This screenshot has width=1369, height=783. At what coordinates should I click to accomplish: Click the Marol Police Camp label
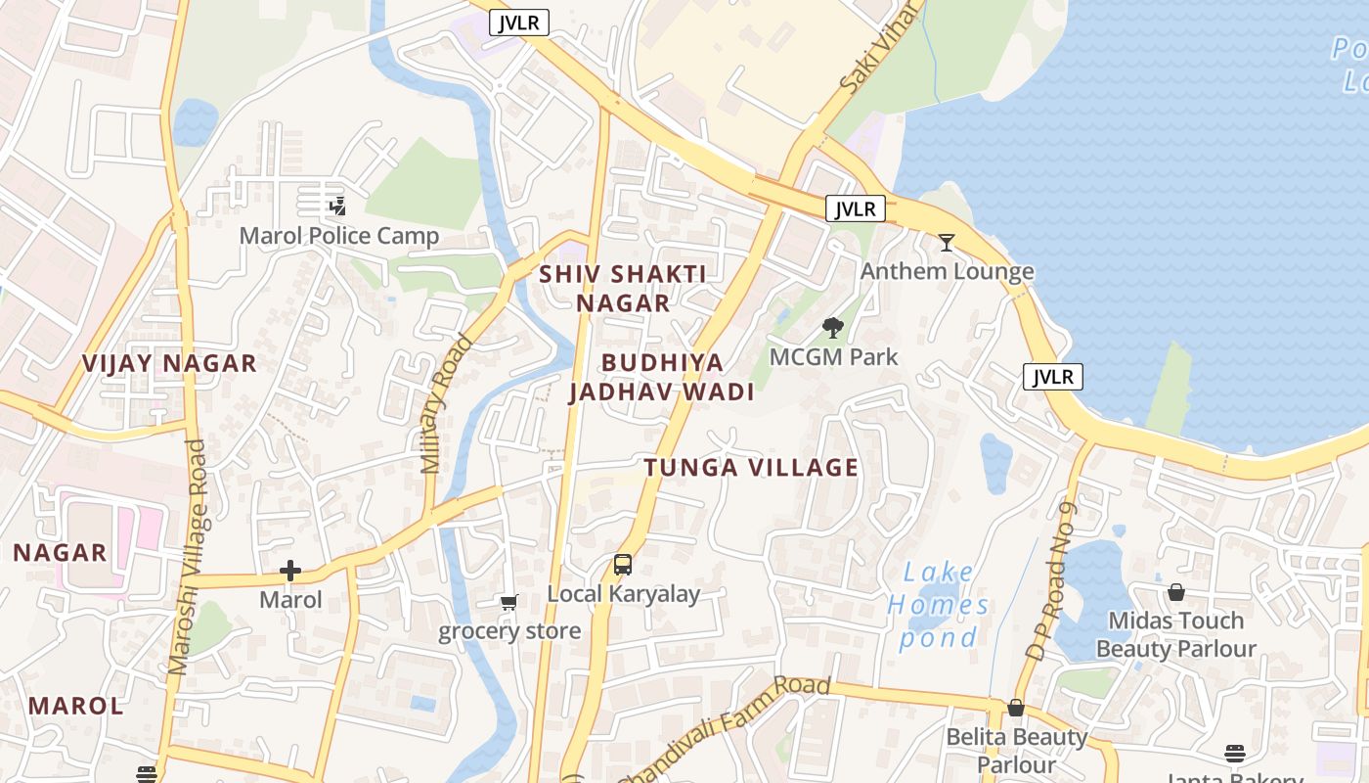[339, 236]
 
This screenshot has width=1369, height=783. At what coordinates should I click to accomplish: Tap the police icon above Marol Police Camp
[337, 206]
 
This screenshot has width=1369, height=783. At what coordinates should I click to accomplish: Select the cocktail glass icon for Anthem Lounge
[946, 242]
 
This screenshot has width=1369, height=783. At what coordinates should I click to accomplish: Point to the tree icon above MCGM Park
[833, 328]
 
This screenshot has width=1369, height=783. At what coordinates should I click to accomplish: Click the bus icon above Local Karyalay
[623, 564]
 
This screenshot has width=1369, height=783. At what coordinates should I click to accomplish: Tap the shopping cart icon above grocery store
[508, 602]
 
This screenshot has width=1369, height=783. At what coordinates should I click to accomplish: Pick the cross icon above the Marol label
[290, 571]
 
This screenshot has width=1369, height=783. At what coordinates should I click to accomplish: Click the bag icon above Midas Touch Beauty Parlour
[1176, 592]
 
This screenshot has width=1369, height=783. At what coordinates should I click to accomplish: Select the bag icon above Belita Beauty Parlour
[1016, 708]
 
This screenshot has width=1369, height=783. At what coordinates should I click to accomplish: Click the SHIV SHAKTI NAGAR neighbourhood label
[623, 288]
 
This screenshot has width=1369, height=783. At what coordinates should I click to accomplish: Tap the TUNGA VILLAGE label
[751, 468]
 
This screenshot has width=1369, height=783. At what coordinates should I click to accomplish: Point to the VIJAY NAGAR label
[169, 364]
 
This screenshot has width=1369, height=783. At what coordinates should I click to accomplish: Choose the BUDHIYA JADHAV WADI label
[662, 378]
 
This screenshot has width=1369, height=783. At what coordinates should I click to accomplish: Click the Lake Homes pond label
[938, 605]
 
